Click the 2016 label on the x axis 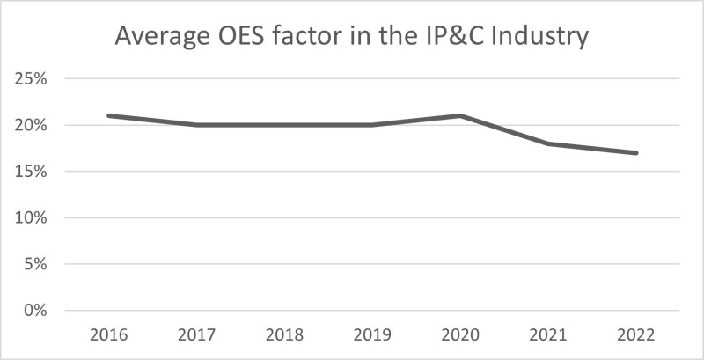click(x=108, y=335)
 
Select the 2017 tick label click(x=196, y=335)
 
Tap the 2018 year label click(x=284, y=335)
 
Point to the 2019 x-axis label click(x=372, y=335)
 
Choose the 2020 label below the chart click(x=460, y=335)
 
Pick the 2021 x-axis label click(x=548, y=335)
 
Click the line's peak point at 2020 click(x=460, y=115)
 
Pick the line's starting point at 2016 click(x=108, y=115)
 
